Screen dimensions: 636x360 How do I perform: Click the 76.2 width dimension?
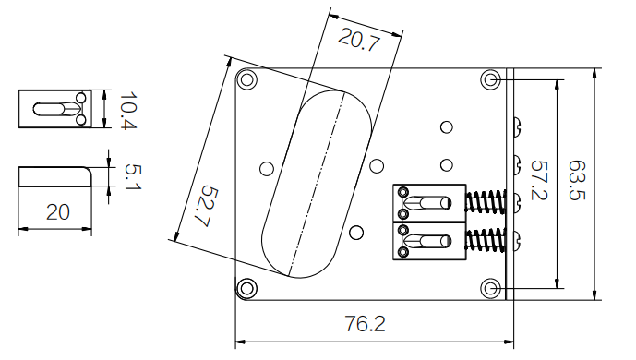[x=365, y=323]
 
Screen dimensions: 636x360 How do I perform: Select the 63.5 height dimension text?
[x=576, y=180]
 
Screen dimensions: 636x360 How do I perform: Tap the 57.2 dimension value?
[x=539, y=180]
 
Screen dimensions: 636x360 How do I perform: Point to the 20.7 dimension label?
[x=359, y=40]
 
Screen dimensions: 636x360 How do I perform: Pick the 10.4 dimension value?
[x=128, y=110]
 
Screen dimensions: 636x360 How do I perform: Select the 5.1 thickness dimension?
[x=133, y=176]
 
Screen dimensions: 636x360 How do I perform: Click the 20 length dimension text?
[x=58, y=212]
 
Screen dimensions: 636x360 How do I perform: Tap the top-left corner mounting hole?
[x=246, y=79]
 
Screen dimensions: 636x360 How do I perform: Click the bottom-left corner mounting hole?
[x=246, y=289]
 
